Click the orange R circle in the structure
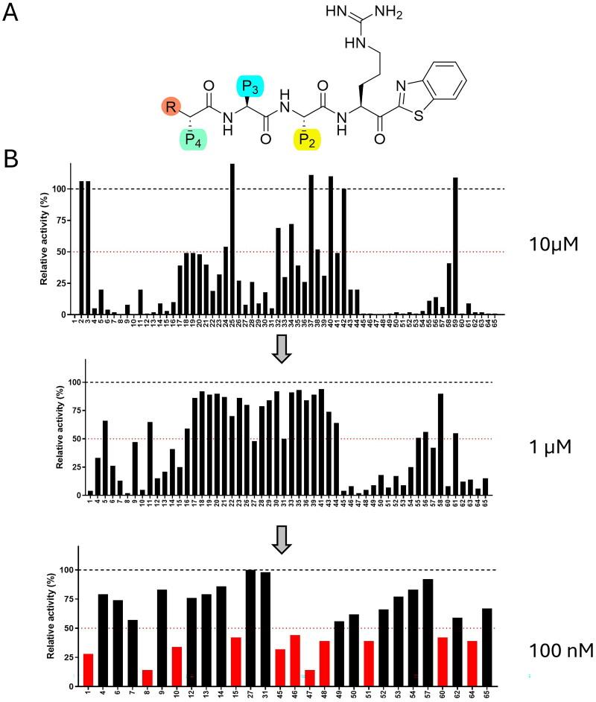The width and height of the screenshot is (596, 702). (x=171, y=108)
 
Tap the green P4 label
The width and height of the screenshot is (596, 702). (x=192, y=139)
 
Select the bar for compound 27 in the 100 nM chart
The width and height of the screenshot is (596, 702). (x=251, y=627)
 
